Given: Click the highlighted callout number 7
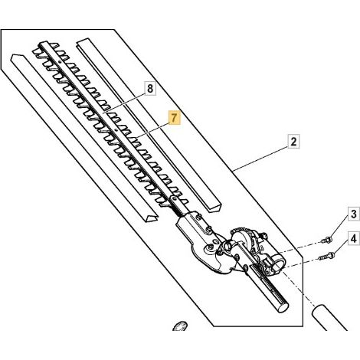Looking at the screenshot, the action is [174, 118].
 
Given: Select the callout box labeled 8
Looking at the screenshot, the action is [150, 89].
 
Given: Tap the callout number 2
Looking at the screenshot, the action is [293, 142].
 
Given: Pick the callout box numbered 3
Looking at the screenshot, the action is [354, 214].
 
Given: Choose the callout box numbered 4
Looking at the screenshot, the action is [354, 239].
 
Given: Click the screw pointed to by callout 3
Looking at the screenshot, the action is [326, 240].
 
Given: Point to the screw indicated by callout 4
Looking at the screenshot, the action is [327, 256].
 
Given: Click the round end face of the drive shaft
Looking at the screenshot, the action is [283, 306].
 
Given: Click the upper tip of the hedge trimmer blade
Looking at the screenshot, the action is [43, 44].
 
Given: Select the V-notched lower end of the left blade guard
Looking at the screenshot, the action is [151, 217].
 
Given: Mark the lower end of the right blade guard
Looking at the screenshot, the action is [214, 206].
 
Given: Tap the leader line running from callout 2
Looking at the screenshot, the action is [260, 159].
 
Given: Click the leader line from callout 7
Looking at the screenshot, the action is [152, 131].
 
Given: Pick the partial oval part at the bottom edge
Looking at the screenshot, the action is [180, 326].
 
